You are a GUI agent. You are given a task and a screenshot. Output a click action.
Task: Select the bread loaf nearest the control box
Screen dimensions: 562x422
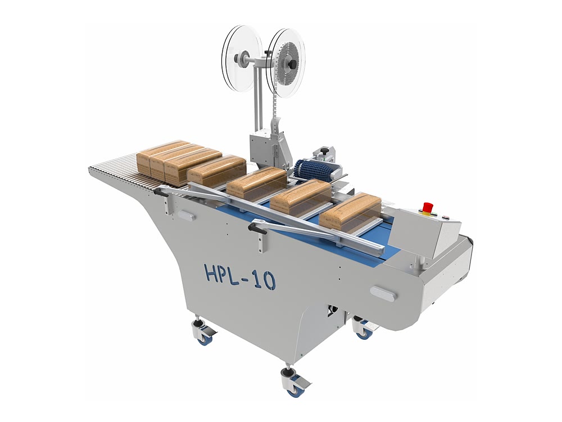350,212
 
